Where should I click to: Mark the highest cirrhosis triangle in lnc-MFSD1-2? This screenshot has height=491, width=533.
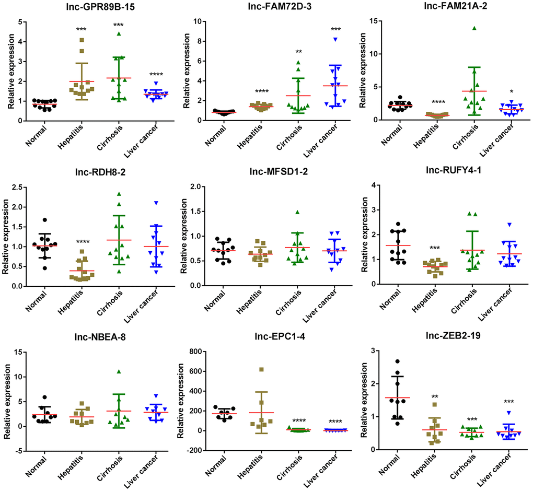pos(297,212)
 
